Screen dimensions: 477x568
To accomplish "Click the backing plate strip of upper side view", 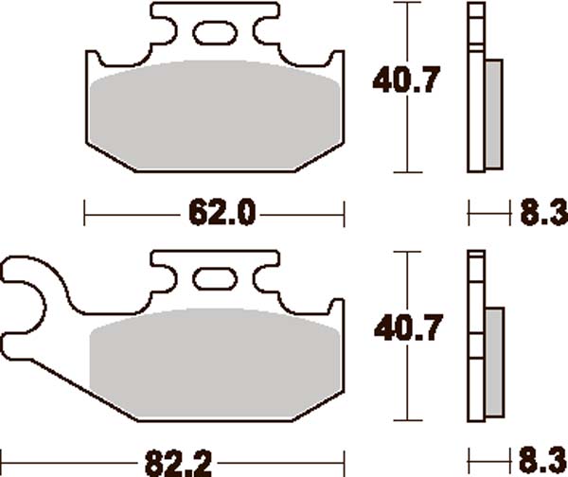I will click(x=476, y=90).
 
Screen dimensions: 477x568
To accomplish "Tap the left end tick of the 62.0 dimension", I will click(x=85, y=214).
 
